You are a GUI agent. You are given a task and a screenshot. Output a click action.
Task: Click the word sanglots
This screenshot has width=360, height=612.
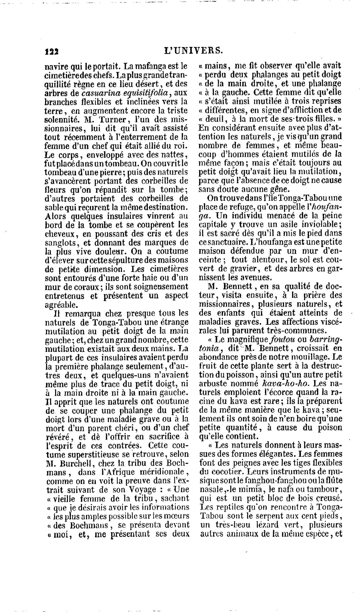(61, 242)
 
